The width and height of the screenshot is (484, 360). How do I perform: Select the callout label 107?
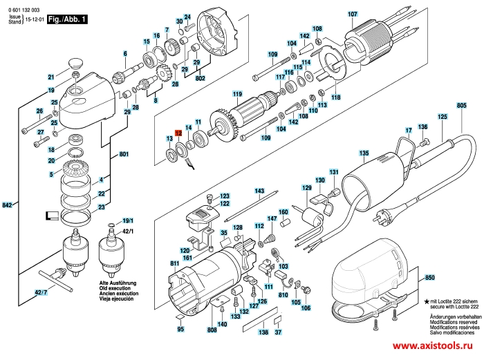coord(353,15)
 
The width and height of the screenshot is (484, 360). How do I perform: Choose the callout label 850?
coord(429,277)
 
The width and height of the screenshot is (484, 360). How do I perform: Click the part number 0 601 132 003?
coord(23,5)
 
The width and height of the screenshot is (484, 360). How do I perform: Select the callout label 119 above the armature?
coord(237,94)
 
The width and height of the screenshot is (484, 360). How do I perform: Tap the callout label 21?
coord(50,77)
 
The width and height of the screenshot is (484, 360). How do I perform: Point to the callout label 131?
coord(334,172)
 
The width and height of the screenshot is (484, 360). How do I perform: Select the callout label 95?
coord(180,330)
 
